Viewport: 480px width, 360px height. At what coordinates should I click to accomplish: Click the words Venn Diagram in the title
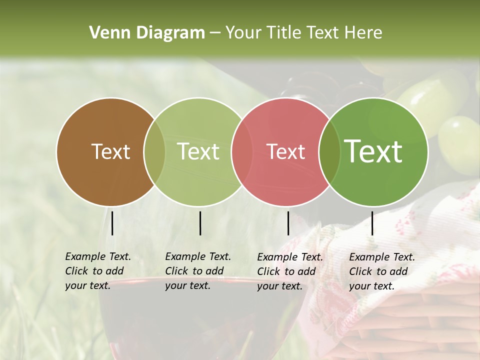(147, 33)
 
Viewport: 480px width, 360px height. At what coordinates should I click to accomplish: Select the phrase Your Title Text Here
(303, 33)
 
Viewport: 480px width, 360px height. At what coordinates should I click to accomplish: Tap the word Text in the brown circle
(110, 151)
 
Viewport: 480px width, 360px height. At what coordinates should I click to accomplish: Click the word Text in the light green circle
(198, 151)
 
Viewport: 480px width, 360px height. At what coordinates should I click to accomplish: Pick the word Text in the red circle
(285, 151)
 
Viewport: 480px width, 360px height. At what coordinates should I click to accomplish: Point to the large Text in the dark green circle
(373, 151)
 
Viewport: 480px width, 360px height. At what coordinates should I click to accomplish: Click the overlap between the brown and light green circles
(154, 151)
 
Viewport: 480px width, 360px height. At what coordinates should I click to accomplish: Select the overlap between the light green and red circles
(242, 151)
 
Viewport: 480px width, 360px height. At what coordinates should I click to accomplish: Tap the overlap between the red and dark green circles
(329, 151)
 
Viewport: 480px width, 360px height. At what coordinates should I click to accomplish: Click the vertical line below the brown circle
(112, 223)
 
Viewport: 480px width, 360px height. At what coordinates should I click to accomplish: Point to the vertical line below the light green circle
(200, 223)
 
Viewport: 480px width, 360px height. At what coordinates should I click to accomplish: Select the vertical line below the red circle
(288, 223)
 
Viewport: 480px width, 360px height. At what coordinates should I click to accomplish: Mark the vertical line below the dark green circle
(372, 223)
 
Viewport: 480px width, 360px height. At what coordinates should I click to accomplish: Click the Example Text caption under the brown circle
(97, 271)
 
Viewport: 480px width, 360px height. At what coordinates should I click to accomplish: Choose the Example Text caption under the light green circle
(197, 271)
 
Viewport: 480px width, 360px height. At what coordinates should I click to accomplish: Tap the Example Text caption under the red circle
(289, 271)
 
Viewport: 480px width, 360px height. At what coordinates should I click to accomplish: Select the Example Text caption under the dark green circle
(381, 271)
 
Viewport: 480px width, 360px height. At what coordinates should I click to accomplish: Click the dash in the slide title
(214, 33)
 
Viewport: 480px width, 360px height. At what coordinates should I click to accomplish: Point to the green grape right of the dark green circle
(457, 137)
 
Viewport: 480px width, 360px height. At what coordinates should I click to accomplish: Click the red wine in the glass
(200, 320)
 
